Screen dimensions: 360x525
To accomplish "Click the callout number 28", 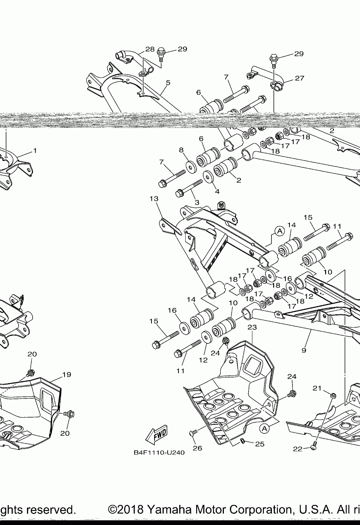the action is click(150, 49).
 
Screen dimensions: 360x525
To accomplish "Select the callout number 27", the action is click(299, 78).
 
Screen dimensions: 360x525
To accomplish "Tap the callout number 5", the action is click(168, 83).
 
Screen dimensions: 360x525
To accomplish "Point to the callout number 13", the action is click(154, 199).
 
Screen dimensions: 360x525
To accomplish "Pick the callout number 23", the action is click(252, 327).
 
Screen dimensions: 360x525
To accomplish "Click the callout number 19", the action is click(67, 374).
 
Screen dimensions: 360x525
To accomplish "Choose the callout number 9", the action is click(304, 350).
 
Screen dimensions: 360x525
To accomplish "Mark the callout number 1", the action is click(35, 150).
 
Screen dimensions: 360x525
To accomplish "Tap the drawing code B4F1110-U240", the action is click(159, 453).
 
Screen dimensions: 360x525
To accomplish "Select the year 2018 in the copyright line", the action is click(130, 510).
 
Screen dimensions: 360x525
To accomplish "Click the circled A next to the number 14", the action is click(279, 231).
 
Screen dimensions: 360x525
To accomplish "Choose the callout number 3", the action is click(197, 203).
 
